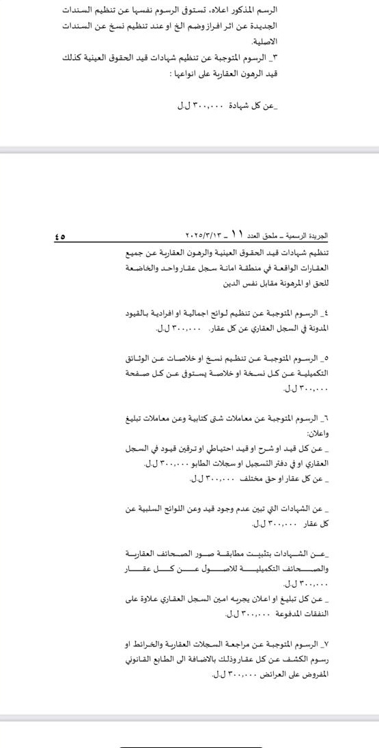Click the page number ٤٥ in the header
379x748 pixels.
point(59,237)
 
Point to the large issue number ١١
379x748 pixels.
point(237,234)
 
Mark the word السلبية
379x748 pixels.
point(146,509)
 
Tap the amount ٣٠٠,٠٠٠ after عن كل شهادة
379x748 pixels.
point(203,108)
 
